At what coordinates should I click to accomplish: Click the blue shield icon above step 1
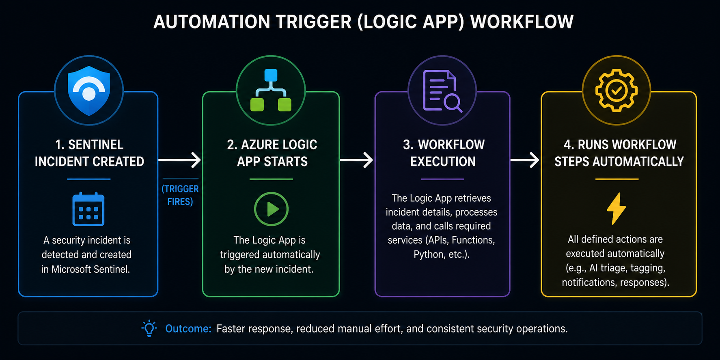click(x=89, y=90)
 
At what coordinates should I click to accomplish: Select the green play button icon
click(x=271, y=209)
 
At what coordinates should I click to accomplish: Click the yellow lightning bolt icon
click(x=616, y=208)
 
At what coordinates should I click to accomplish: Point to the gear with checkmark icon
click(x=616, y=90)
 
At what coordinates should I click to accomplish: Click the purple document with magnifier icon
click(x=442, y=91)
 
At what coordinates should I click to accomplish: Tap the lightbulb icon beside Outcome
click(x=149, y=328)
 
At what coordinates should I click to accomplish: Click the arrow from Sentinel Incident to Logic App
click(x=179, y=160)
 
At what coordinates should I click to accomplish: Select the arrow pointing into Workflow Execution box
click(x=356, y=160)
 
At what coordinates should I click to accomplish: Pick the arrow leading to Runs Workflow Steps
click(x=525, y=160)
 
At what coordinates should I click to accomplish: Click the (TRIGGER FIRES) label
click(x=180, y=195)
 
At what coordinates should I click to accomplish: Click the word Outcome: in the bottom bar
click(x=188, y=328)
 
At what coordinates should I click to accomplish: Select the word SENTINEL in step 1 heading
click(x=96, y=144)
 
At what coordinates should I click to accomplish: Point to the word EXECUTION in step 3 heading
click(x=443, y=162)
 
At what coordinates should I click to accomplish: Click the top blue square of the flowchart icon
click(x=271, y=75)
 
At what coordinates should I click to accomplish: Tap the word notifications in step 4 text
click(x=590, y=282)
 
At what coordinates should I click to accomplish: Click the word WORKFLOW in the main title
click(x=522, y=22)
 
